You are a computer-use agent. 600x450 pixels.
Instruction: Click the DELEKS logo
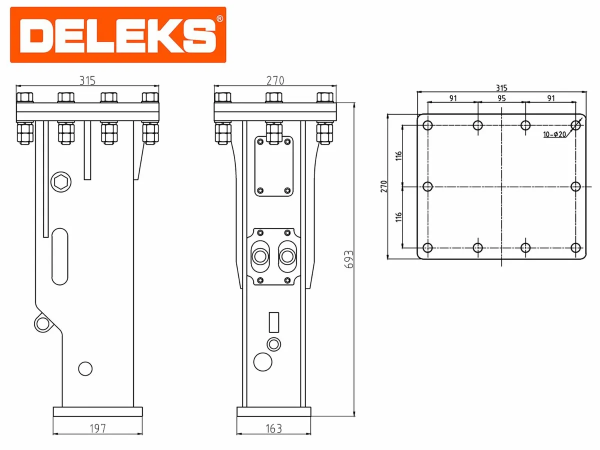[118, 35]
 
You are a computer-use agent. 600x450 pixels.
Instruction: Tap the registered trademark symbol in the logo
[219, 19]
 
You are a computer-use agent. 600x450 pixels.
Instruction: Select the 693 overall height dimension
[349, 259]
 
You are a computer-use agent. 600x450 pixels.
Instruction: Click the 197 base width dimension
[98, 428]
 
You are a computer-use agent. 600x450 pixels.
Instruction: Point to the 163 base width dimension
[274, 428]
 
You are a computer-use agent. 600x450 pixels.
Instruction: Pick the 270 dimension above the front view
[274, 80]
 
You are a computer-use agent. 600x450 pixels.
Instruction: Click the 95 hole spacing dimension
[501, 98]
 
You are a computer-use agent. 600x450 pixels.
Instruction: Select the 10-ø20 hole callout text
[553, 134]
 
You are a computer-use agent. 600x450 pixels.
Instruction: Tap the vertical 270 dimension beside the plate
[384, 186]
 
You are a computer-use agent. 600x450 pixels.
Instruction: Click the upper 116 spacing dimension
[398, 155]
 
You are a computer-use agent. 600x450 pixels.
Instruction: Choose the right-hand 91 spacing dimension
[550, 98]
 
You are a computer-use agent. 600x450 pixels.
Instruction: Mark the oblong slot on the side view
[59, 256]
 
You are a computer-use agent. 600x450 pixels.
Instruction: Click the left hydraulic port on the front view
[260, 256]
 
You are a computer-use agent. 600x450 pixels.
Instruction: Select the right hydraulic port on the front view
[287, 256]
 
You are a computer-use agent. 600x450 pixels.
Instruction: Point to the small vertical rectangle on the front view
[273, 322]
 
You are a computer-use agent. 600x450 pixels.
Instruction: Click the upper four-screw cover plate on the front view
[273, 166]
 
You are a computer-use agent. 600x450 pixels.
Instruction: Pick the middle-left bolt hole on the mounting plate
[427, 186]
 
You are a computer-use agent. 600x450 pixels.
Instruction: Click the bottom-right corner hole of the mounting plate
[575, 247]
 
